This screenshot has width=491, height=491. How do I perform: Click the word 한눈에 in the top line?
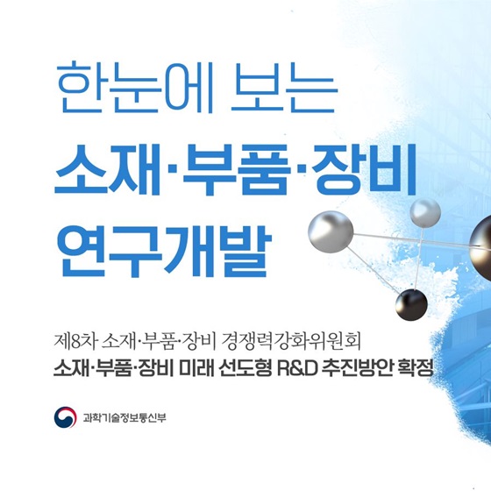[x=136, y=88]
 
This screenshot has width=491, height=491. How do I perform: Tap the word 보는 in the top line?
[x=284, y=88]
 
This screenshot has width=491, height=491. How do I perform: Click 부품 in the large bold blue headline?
[x=236, y=170]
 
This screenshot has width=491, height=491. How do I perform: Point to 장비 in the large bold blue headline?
[x=364, y=170]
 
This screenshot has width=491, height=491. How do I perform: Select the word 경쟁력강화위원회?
[x=291, y=341]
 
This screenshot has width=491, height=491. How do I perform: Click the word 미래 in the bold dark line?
[x=196, y=367]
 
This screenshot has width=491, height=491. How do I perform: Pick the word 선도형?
[x=245, y=367]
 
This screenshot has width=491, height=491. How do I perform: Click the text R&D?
[x=297, y=367]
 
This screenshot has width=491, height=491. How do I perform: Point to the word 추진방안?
[x=357, y=367]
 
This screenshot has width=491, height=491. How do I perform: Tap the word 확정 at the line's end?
[x=416, y=367]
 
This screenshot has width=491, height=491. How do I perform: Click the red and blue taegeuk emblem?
[x=65, y=417]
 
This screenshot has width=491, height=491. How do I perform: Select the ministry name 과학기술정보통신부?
[x=125, y=417]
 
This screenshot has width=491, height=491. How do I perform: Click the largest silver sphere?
[x=331, y=231]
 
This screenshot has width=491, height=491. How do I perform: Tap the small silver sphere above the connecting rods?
[x=425, y=212]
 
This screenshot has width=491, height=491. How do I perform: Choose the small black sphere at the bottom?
[x=411, y=305]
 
